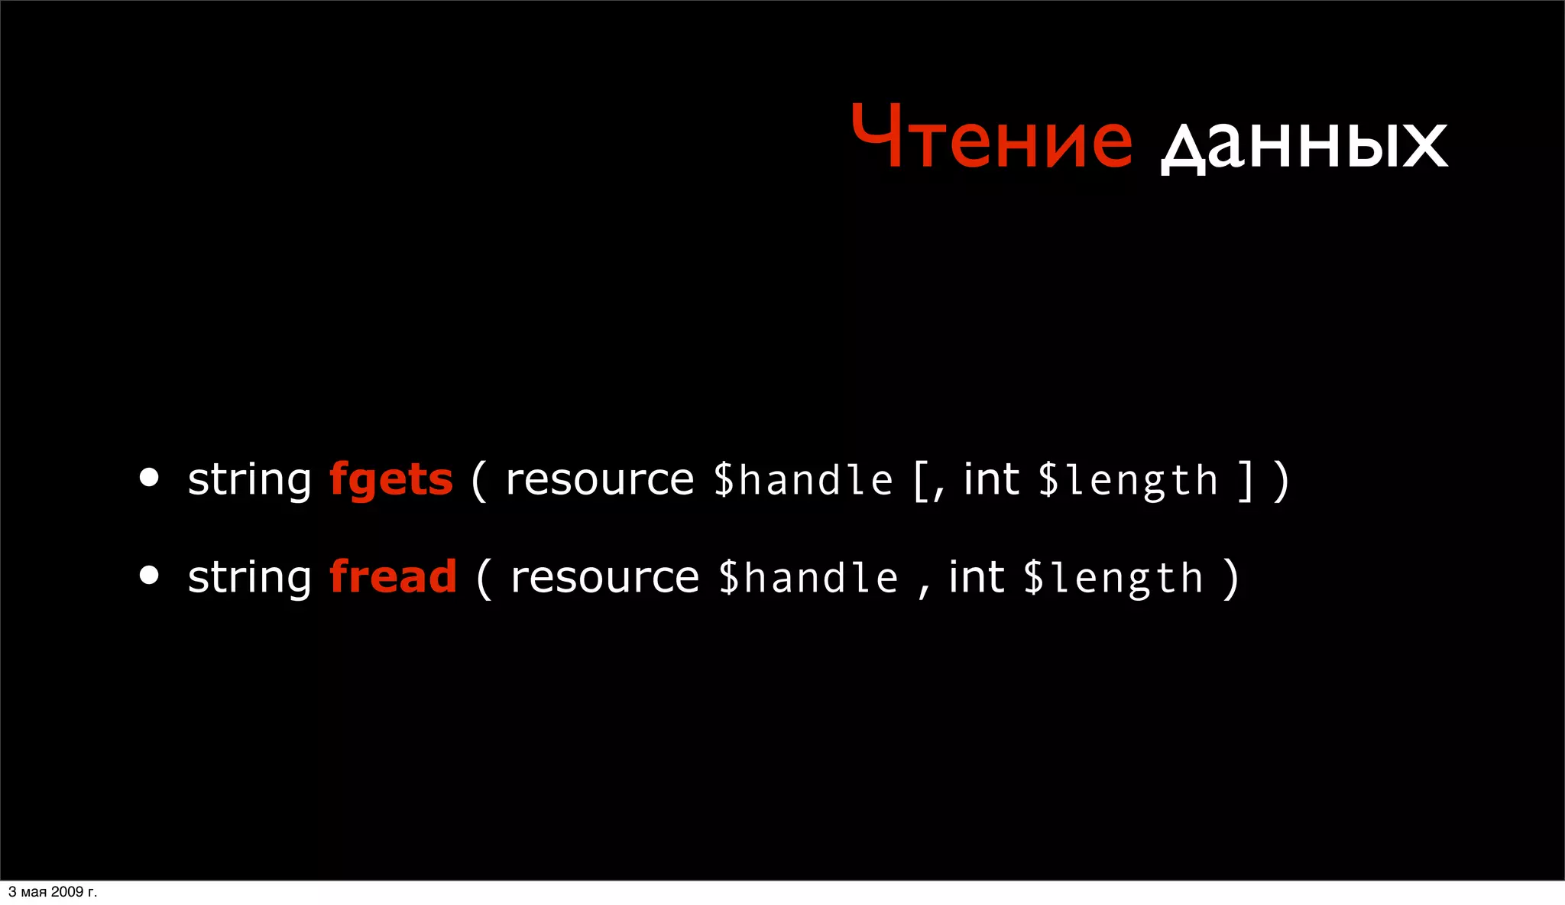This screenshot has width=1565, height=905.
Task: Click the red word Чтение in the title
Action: [x=991, y=138]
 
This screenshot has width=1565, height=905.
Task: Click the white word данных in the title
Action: [x=1304, y=144]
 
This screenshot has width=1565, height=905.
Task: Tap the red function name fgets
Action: [x=390, y=481]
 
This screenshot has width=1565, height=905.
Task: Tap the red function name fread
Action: [x=393, y=577]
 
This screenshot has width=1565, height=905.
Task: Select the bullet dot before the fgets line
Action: [x=150, y=478]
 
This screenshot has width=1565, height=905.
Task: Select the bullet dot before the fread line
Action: [x=150, y=575]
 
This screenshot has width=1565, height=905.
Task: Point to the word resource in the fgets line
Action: [x=600, y=481]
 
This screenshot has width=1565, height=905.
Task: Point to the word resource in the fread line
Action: [x=604, y=578]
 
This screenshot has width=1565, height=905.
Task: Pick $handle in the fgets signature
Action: [x=802, y=481]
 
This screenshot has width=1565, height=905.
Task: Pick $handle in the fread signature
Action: [x=808, y=578]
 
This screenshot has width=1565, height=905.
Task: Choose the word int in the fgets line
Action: [x=991, y=479]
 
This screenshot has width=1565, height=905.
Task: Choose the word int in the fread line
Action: [x=976, y=576]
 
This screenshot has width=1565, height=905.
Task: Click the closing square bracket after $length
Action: [x=1246, y=481]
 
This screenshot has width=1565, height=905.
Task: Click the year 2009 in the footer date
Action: [x=67, y=892]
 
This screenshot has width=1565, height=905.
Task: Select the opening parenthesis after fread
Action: [x=484, y=579]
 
